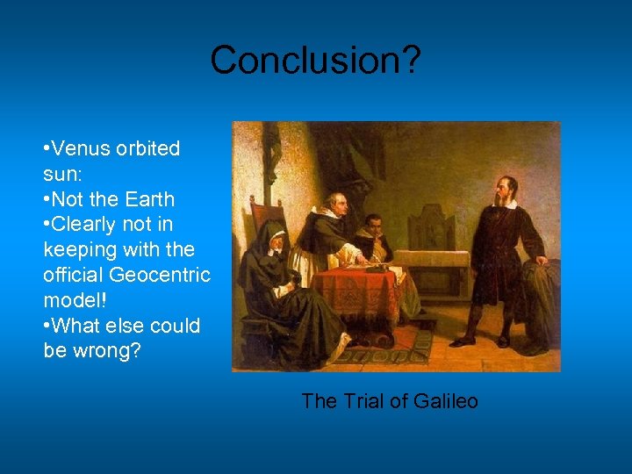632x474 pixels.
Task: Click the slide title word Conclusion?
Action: [315, 61]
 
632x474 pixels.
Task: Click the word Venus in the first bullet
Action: [83, 148]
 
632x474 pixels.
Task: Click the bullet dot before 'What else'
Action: [47, 326]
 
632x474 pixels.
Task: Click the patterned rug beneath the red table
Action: [386, 347]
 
